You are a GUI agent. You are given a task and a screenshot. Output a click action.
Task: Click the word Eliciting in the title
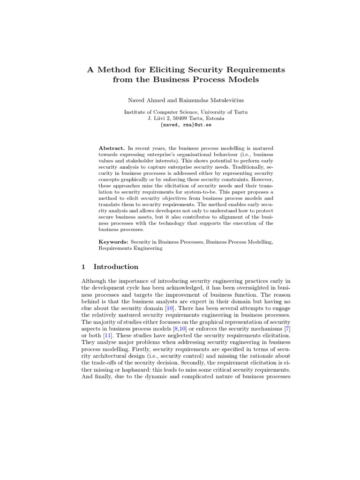(157, 69)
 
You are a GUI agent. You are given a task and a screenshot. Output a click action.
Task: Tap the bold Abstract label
(112, 148)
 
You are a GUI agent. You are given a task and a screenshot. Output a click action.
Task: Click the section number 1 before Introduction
(83, 267)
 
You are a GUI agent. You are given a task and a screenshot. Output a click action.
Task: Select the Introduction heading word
(116, 267)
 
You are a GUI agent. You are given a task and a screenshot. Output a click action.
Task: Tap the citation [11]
(109, 339)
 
